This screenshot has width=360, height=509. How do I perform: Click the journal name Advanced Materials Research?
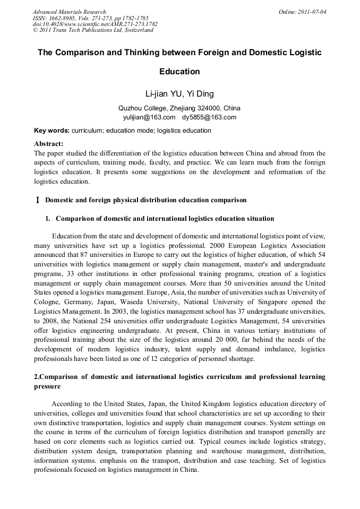70,12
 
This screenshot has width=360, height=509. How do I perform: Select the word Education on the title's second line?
179,71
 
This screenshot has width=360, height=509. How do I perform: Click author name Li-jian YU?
164,94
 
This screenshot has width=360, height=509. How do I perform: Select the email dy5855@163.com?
209,117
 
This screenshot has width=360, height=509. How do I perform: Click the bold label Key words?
52,131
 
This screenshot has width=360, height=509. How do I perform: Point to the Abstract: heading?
49,144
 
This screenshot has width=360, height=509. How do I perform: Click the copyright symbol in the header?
36,30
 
